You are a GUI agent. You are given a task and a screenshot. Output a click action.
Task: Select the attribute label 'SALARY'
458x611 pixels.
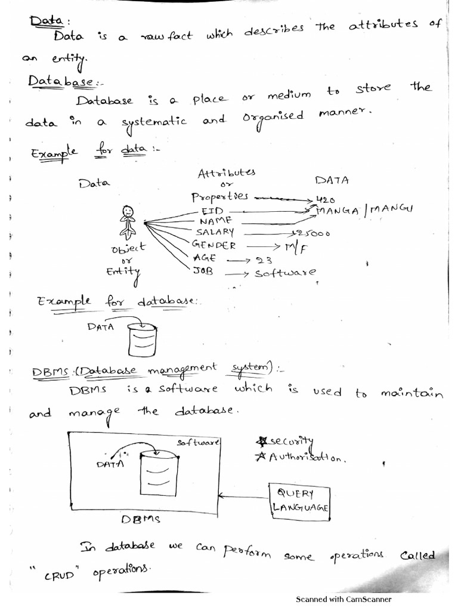coord(213,232)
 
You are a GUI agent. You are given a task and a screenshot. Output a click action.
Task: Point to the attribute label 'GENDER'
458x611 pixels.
coord(214,245)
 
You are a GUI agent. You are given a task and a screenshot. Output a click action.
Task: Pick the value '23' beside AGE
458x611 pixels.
coord(264,259)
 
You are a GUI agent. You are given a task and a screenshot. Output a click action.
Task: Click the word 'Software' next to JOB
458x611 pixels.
coord(286,273)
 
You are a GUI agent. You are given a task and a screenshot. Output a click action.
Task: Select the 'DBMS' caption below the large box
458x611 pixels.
coord(141,520)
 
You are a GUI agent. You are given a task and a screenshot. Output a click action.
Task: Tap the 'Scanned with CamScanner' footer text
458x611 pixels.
coord(343,600)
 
